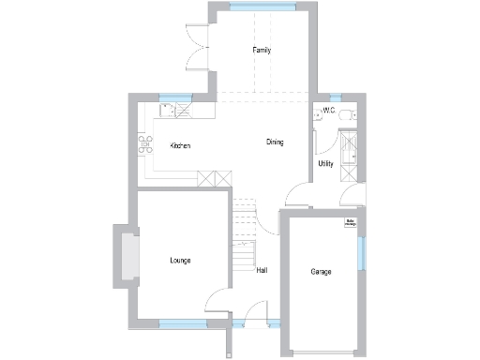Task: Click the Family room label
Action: (x=262, y=50)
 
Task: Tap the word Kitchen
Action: (x=181, y=146)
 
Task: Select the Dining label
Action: (x=275, y=142)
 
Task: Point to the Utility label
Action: (x=325, y=164)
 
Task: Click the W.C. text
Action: (x=328, y=111)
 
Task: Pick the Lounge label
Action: (x=180, y=260)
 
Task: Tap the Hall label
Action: (x=262, y=271)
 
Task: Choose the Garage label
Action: (x=322, y=272)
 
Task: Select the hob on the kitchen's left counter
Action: (x=146, y=143)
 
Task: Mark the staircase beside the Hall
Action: (x=244, y=234)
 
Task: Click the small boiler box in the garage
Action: (x=350, y=223)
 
